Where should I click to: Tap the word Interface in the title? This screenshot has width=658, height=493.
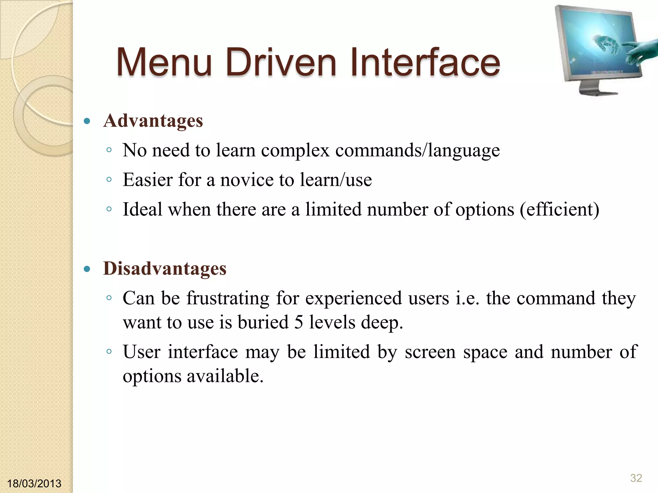pos(425,62)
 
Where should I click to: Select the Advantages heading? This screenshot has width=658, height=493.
pos(153,121)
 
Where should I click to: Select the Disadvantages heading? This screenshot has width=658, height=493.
pos(164,269)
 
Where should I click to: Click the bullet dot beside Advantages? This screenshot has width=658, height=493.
pos(87,121)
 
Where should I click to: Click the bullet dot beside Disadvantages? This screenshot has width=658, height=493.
pos(87,269)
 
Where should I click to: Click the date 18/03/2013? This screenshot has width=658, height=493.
pos(34,483)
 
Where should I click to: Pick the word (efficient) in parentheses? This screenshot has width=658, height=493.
pos(559,210)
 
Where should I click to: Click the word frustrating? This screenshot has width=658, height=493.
pos(228,298)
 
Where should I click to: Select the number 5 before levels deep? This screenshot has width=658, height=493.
pos(298,322)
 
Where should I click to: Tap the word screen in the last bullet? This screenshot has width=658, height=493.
pos(430,352)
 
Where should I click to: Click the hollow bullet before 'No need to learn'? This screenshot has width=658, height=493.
pos(109,150)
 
